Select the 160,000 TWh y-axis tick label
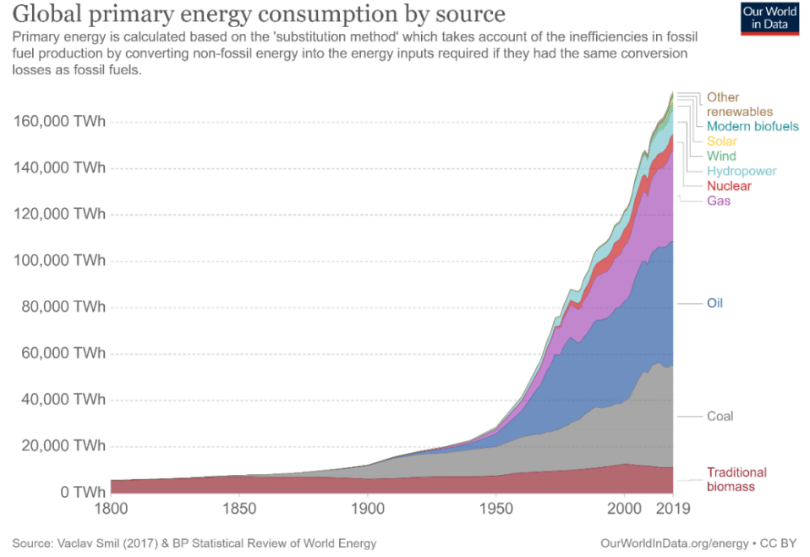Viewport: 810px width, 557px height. coord(59,121)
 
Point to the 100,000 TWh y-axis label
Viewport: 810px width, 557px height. coord(59,261)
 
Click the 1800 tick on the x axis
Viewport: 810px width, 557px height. coord(111,510)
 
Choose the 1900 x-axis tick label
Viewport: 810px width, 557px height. coord(367,510)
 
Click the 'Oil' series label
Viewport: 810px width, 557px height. coord(715,303)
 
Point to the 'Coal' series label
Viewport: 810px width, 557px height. coord(720,416)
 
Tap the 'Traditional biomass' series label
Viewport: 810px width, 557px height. coord(736,479)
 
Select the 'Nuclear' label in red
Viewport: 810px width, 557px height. coord(729,185)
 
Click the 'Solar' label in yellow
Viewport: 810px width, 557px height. coord(722,141)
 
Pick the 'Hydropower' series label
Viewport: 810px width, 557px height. coord(742,171)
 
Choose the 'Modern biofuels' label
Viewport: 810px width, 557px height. coord(753,126)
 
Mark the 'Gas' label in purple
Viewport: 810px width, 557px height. coord(719,201)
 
